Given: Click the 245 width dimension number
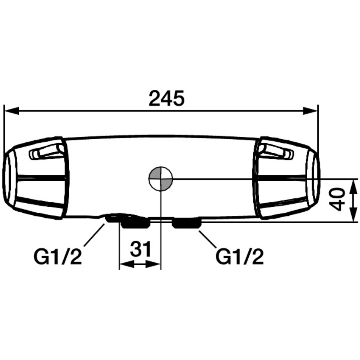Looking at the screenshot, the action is click(167, 98).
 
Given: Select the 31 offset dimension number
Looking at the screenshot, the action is click(140, 249).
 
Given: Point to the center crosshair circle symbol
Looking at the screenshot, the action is click(160, 179).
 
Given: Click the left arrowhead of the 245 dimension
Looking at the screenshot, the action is click(12, 111).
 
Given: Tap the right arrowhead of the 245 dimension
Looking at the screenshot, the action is click(311, 111).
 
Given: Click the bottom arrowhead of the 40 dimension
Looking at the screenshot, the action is click(354, 215).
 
